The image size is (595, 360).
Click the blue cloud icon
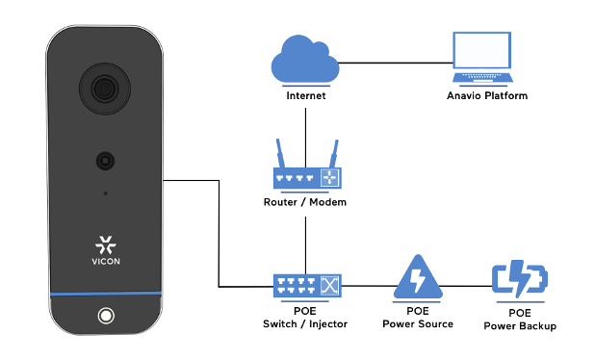[305, 62]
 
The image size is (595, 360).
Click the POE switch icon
[305, 286]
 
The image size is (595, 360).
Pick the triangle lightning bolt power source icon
[417, 279]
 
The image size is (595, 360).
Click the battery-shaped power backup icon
[519, 280]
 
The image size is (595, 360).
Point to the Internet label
[306, 96]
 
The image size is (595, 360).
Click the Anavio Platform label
[487, 96]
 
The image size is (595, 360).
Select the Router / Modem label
[305, 203]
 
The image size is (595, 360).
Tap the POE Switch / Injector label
[305, 318]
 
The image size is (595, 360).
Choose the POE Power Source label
[417, 318]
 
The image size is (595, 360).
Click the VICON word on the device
[105, 260]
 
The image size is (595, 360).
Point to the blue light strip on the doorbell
[105, 294]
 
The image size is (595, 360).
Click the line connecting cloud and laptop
[395, 64]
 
